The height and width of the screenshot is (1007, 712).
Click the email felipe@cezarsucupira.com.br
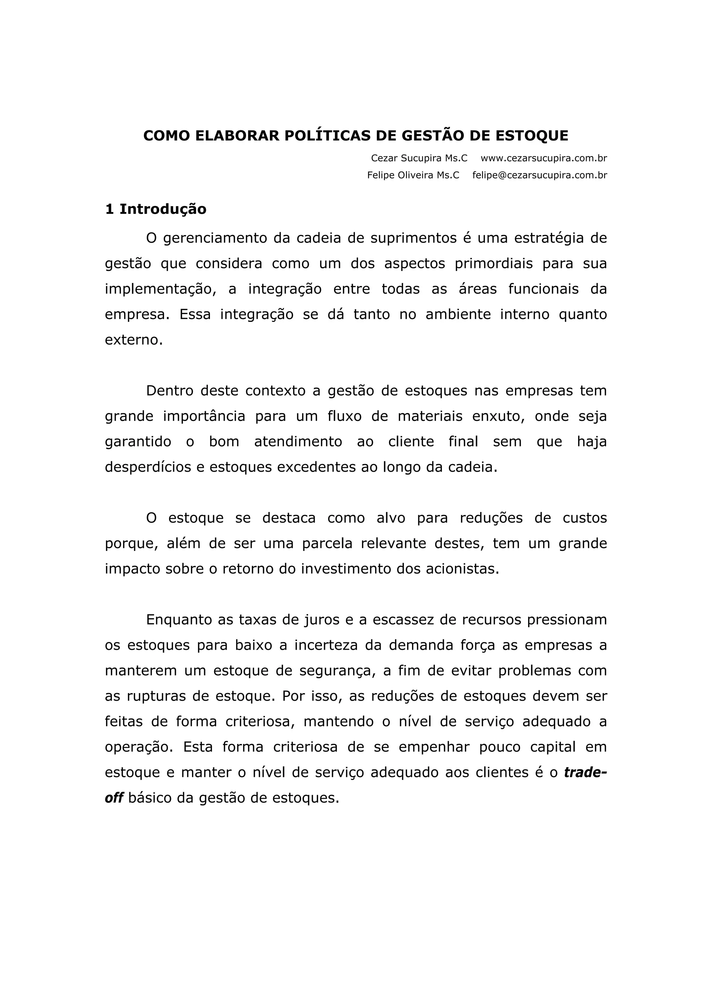click(540, 176)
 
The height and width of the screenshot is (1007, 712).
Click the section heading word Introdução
click(163, 209)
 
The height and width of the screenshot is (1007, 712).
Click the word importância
click(204, 416)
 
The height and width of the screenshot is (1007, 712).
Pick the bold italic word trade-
click(585, 772)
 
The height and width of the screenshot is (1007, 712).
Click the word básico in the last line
click(151, 798)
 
